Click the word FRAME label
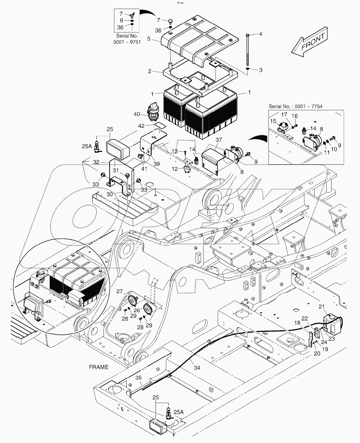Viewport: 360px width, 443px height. click(x=99, y=367)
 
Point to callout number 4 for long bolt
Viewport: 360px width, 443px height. click(x=260, y=34)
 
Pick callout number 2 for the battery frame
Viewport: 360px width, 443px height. click(x=150, y=71)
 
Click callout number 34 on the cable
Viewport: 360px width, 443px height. click(x=197, y=368)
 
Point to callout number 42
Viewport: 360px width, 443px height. click(x=141, y=126)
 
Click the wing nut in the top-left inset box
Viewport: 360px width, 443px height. click(x=130, y=15)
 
